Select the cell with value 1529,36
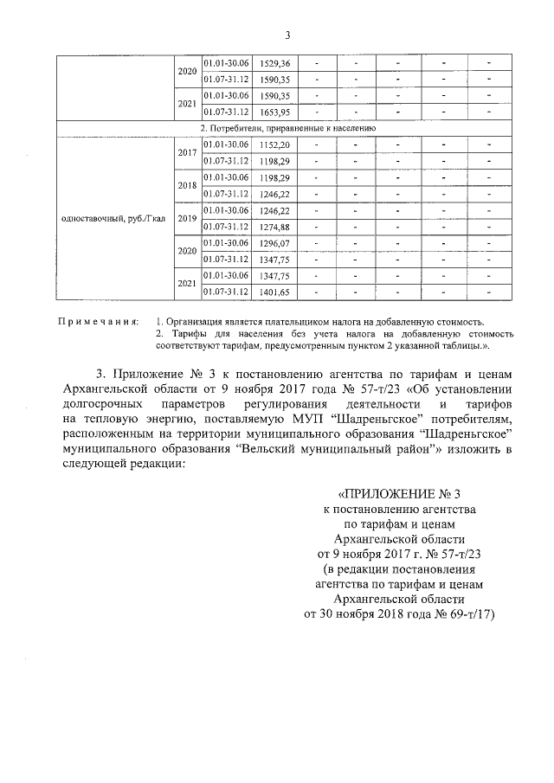pos(274,64)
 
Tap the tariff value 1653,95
pos(274,112)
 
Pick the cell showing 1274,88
pos(274,227)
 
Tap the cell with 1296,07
pos(274,243)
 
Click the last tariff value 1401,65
pos(274,292)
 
